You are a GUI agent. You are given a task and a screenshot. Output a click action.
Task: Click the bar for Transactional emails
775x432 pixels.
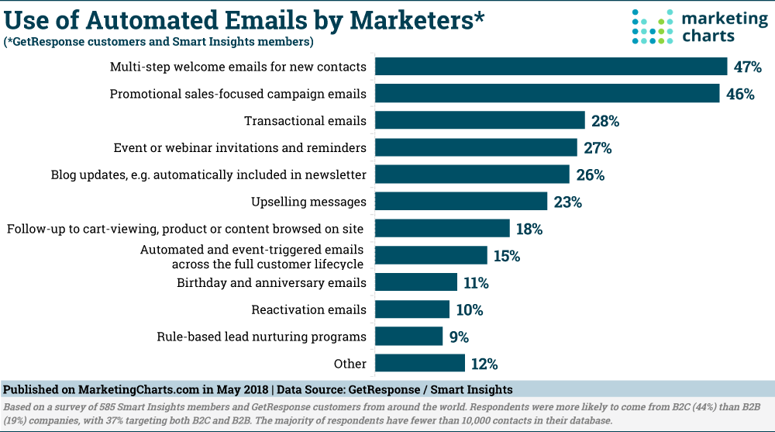click(480, 120)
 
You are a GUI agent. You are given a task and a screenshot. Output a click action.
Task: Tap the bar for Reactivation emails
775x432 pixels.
click(412, 309)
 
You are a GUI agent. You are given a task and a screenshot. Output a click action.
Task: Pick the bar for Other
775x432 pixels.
click(420, 363)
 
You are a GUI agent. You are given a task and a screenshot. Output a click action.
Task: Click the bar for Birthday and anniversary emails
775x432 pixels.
click(416, 282)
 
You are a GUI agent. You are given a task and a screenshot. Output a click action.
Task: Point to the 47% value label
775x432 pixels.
click(749, 67)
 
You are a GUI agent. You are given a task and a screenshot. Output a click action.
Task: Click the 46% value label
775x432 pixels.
click(741, 94)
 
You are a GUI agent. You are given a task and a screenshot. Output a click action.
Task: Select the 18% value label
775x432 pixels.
click(530, 229)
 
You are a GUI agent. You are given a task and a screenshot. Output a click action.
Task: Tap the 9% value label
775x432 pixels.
click(460, 337)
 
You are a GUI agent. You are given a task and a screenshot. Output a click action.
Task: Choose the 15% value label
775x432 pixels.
click(507, 255)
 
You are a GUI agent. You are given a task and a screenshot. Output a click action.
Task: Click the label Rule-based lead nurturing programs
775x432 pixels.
click(261, 337)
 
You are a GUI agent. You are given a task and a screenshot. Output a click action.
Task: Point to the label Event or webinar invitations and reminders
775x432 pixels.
click(239, 147)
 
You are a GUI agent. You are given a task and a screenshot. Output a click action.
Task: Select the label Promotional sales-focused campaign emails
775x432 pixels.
click(238, 94)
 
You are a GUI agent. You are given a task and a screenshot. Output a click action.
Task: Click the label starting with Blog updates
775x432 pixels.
click(208, 175)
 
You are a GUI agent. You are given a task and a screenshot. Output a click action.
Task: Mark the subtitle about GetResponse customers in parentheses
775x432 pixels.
click(158, 41)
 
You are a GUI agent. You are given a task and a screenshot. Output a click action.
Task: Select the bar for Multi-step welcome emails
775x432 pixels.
click(551, 67)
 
